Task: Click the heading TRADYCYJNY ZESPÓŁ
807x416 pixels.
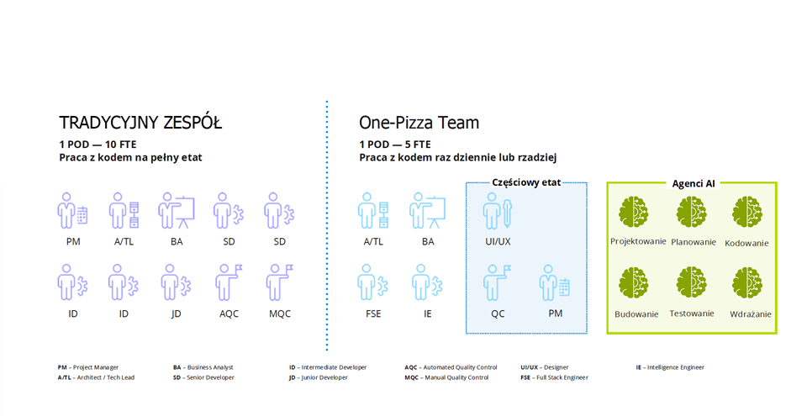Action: point(140,123)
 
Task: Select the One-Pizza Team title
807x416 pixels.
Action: point(419,123)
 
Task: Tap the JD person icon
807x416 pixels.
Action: point(176,282)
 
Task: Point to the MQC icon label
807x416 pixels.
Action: point(280,313)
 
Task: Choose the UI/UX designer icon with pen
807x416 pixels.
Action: point(497,211)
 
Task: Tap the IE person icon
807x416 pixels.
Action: point(427,282)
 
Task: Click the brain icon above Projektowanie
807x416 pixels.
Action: point(633,212)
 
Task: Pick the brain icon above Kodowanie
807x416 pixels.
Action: point(746,212)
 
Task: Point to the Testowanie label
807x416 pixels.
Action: point(692,313)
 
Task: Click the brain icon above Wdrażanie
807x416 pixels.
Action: point(746,283)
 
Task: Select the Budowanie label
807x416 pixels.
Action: point(636,314)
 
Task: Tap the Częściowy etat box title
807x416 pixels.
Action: point(526,182)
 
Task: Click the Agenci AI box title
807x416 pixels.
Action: point(694,183)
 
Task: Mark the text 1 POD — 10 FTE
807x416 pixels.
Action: point(98,145)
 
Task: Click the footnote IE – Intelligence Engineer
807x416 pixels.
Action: point(670,367)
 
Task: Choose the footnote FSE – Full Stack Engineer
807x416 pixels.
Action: point(554,377)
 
